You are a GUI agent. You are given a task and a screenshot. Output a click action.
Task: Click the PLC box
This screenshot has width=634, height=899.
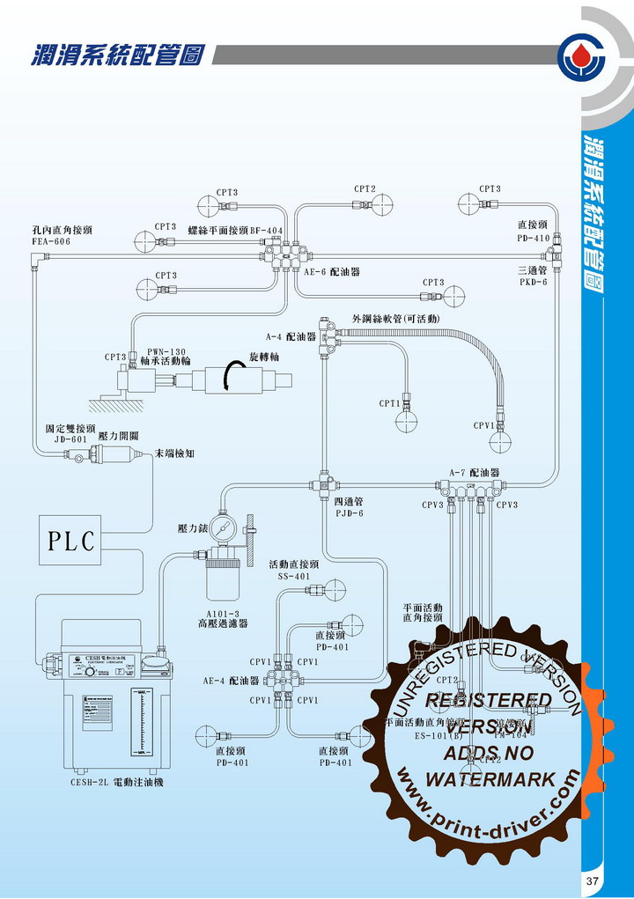70,541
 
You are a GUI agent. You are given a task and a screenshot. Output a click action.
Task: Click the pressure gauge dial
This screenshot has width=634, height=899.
224,534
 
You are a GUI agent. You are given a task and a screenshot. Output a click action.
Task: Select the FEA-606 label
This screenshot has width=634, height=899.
51,240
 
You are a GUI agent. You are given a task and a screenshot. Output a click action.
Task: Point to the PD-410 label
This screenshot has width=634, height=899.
533,238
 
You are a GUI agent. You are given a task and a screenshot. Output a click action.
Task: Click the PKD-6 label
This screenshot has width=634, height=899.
533,283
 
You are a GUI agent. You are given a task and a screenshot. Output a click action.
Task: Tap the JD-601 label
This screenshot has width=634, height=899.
70,438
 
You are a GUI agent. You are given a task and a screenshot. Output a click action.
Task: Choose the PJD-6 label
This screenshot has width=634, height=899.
350,512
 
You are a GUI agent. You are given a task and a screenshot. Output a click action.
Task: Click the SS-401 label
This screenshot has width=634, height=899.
294,575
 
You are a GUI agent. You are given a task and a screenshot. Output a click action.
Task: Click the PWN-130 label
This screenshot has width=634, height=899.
166,350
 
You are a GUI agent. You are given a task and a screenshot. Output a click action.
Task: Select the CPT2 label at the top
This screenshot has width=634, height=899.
365,188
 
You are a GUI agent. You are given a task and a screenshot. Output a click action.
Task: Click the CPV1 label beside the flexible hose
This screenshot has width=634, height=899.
484,425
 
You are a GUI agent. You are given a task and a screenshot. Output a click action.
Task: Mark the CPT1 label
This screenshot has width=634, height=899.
389,403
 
